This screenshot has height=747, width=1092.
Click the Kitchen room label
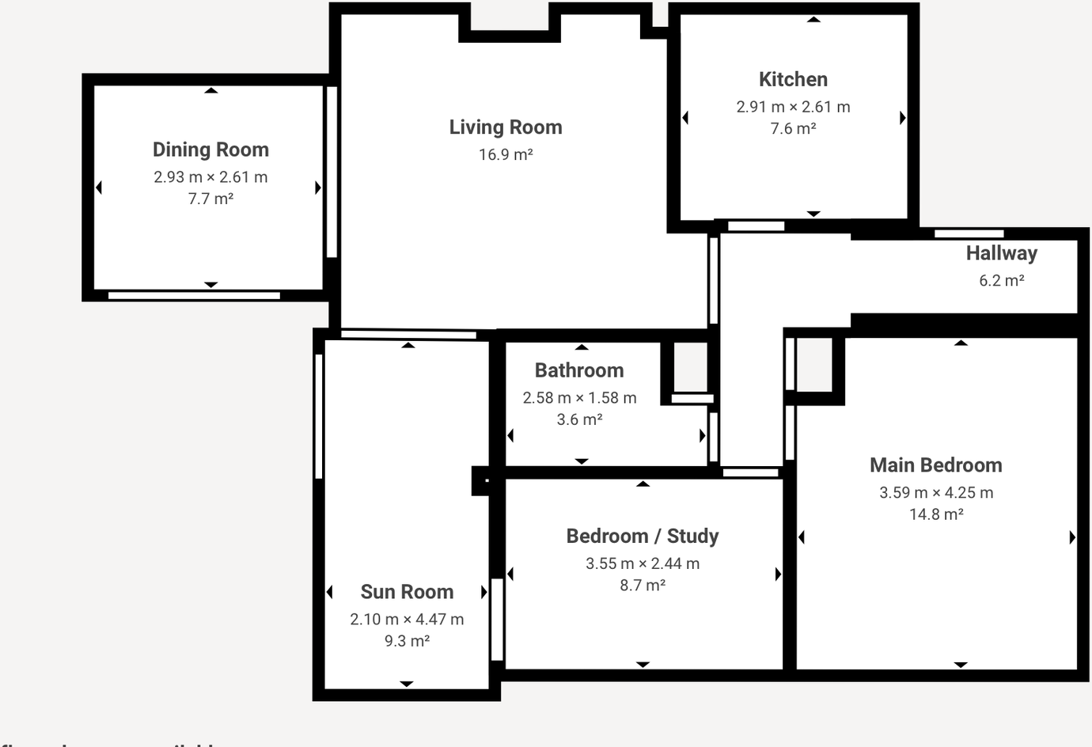793,79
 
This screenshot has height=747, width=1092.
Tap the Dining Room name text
210,150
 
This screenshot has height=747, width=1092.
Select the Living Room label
506,127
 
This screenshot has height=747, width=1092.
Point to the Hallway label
1001,253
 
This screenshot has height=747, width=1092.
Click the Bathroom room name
579,370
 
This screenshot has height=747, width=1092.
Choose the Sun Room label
407,592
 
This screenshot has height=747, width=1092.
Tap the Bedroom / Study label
643,537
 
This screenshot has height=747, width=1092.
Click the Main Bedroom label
935,465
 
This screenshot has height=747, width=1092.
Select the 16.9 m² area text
506,155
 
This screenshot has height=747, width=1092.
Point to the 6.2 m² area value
1001,281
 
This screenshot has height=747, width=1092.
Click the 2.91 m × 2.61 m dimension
793,107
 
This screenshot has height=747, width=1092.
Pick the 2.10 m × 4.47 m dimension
407,620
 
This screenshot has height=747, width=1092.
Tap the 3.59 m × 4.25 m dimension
935,493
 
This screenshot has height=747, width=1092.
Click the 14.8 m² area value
935,514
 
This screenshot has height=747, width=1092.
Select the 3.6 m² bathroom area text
579,420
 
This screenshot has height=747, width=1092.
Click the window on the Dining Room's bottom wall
194,296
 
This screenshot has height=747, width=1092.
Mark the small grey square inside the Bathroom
690,366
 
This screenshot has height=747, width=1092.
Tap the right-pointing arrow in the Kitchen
903,118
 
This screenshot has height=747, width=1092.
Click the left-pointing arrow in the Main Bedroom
802,537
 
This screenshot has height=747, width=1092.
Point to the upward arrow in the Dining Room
210,91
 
